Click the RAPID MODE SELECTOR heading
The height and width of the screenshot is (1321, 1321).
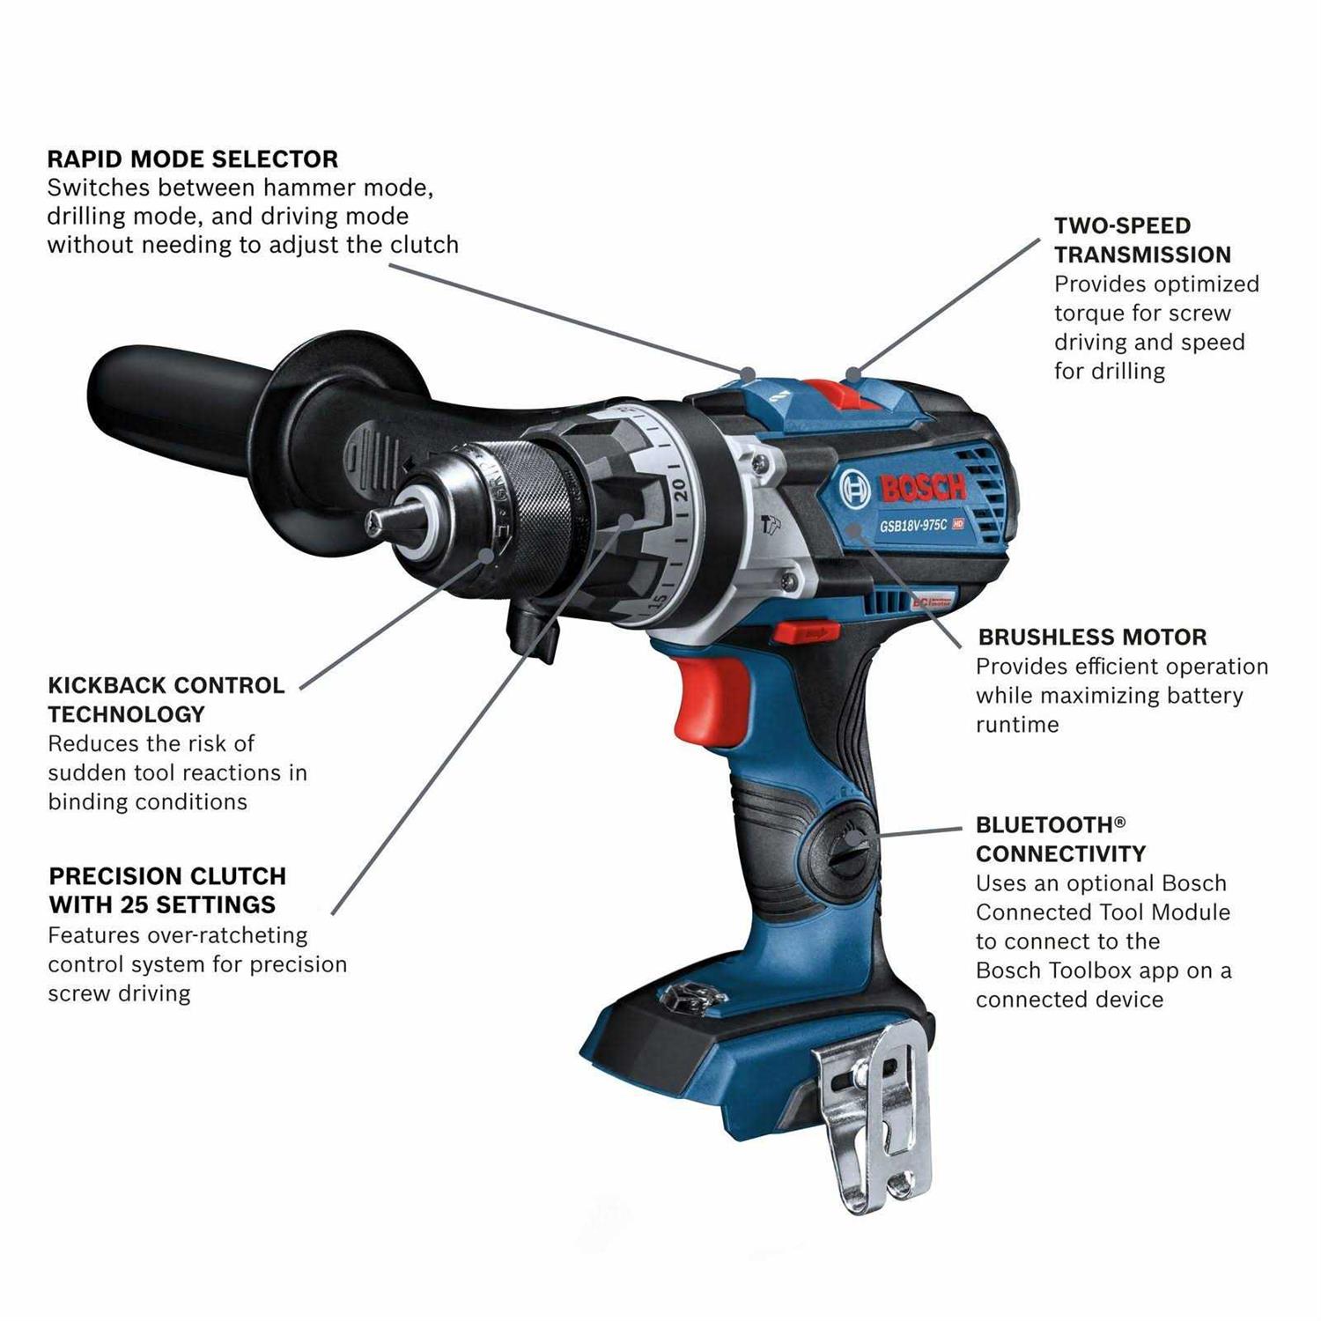coord(192,159)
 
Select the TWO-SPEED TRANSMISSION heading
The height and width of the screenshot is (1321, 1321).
coord(1142,240)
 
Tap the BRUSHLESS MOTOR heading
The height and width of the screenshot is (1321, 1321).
coord(1092,637)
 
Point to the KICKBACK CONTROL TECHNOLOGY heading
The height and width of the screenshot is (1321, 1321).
coord(166,699)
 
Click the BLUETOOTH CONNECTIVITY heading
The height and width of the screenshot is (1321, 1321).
coord(1060,839)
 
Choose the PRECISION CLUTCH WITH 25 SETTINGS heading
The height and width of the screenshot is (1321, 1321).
coord(167,890)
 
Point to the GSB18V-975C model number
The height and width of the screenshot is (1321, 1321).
coord(913,525)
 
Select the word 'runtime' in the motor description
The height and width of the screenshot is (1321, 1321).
coord(1017,725)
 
